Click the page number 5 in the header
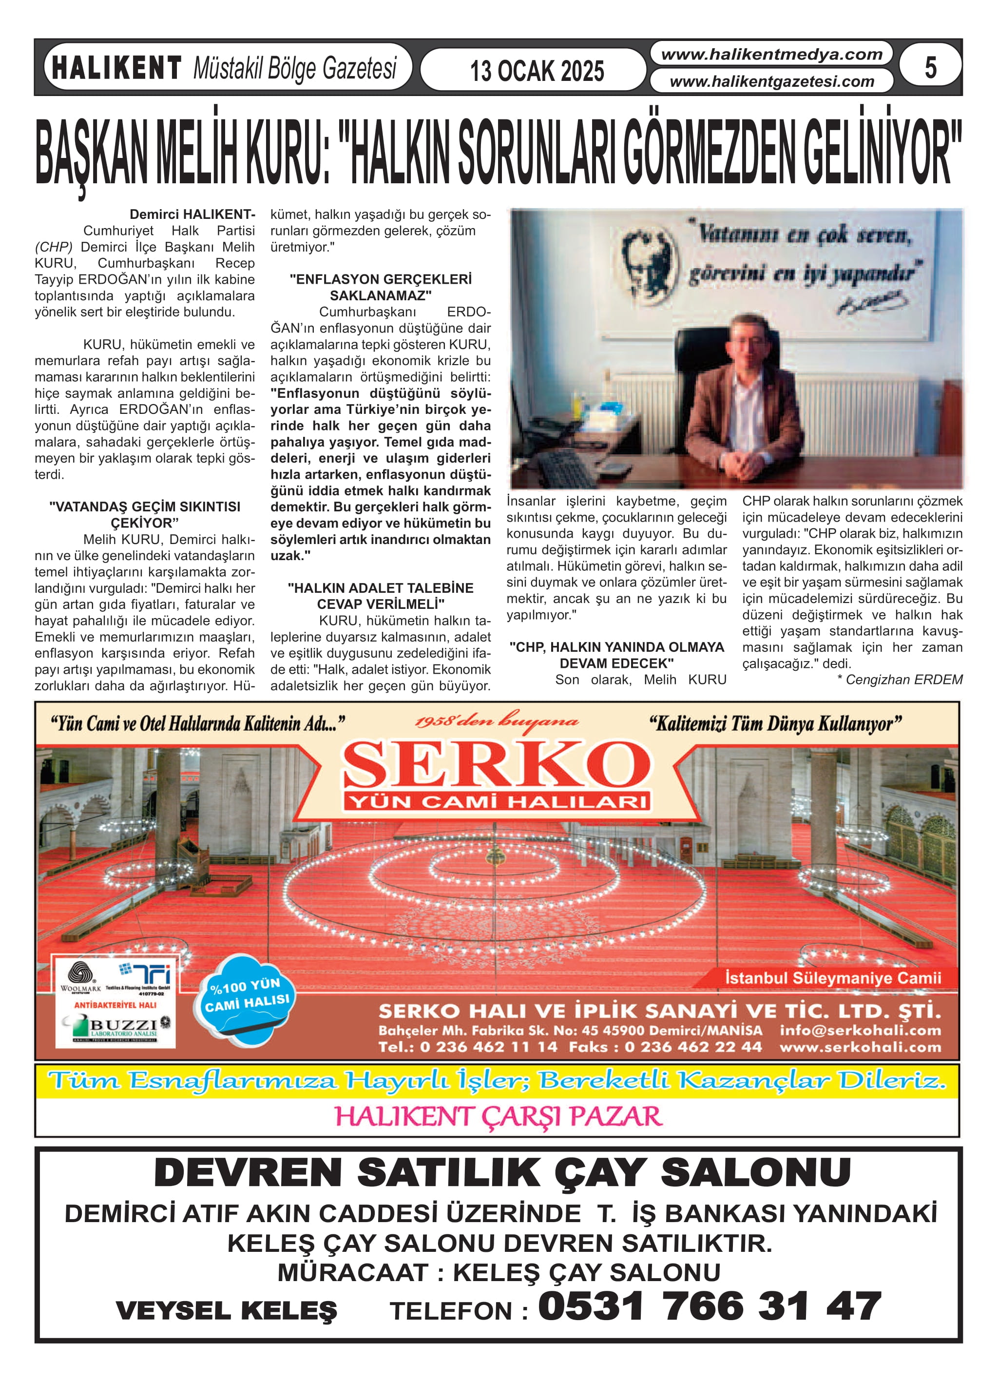coord(930,68)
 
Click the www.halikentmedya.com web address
coord(771,54)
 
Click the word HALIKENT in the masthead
coord(116,68)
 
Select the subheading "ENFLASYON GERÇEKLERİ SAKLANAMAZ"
coord(380,287)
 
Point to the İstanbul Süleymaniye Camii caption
coord(832,978)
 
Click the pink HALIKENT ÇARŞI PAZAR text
coord(498,1116)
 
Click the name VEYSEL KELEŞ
coord(226,1310)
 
